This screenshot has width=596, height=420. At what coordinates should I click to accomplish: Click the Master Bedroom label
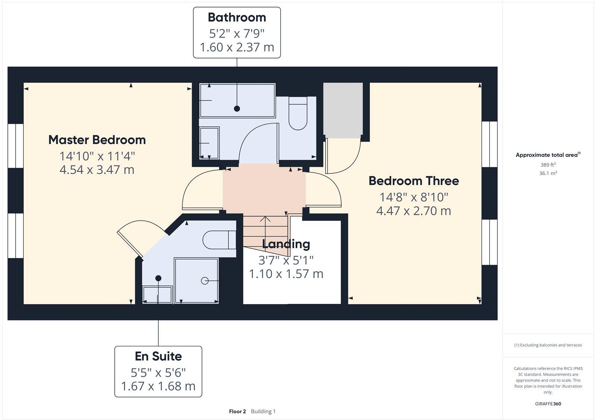97,140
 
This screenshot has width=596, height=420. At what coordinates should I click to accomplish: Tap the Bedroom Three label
413,181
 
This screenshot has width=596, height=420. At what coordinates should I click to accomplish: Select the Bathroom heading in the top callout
237,17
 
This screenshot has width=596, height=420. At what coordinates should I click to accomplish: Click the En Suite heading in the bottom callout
158,356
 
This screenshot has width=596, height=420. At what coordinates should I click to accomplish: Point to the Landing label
286,244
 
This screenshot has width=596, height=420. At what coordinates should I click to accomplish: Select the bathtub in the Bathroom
237,101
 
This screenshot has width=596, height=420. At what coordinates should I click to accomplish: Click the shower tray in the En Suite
196,281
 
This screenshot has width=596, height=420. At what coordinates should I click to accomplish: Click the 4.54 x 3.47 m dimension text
97,170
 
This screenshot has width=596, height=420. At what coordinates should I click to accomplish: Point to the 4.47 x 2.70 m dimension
413,211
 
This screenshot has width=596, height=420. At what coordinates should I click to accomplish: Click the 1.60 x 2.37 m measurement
237,47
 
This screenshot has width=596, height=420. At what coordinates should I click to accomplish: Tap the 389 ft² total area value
548,165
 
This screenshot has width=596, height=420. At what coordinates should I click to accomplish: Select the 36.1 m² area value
548,173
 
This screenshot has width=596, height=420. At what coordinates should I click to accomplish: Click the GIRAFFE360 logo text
548,404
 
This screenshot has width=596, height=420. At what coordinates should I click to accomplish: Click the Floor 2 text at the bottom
237,411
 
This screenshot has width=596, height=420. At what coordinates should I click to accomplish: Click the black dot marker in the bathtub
237,109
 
